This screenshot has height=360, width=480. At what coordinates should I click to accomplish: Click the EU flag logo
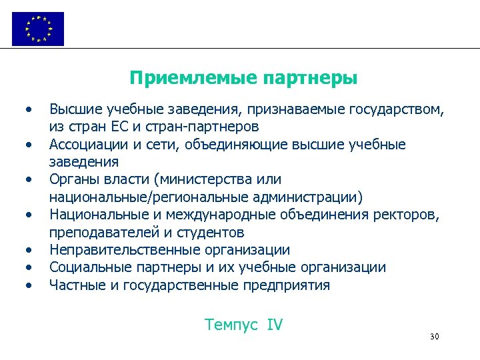point(38,29)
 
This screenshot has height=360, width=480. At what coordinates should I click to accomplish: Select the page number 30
point(435,337)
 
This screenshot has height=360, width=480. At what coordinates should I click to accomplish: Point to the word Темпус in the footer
point(232,325)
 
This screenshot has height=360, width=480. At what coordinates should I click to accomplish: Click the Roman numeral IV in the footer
point(274,325)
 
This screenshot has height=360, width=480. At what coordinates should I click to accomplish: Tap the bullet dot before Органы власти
point(29,180)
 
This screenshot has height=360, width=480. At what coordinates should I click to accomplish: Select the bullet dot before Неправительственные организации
point(29,251)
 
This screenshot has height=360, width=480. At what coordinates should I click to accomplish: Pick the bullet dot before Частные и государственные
point(29,286)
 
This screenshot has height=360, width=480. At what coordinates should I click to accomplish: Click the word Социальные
point(85,268)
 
